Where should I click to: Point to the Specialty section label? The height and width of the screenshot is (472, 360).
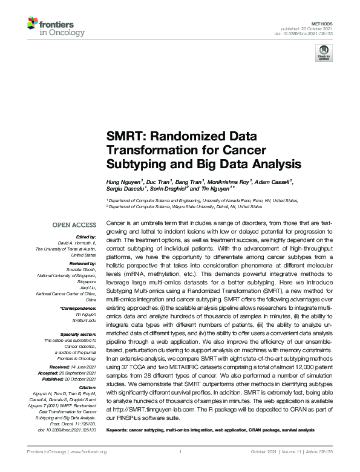pos(77,333)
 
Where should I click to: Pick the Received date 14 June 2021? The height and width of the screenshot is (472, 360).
pos(81,367)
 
